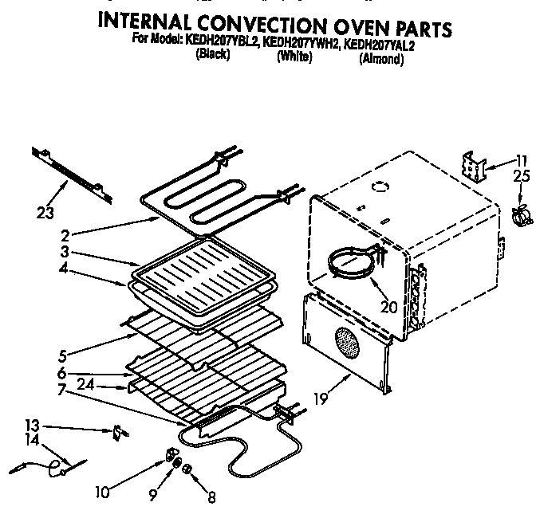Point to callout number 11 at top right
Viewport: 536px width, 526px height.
tap(522, 158)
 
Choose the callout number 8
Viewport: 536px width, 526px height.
tap(211, 500)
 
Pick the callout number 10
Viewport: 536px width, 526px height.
tap(102, 492)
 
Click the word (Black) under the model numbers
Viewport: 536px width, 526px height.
tap(212, 57)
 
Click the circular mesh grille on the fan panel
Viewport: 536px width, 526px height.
tap(348, 342)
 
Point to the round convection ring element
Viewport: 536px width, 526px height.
tap(350, 263)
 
